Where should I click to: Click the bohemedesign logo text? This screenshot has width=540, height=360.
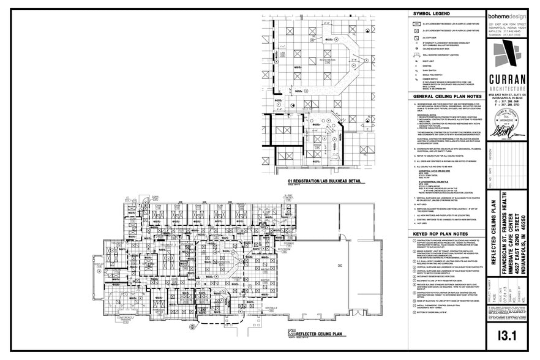point(508,17)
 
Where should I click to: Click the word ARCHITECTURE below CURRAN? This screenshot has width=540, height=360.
point(508,89)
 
